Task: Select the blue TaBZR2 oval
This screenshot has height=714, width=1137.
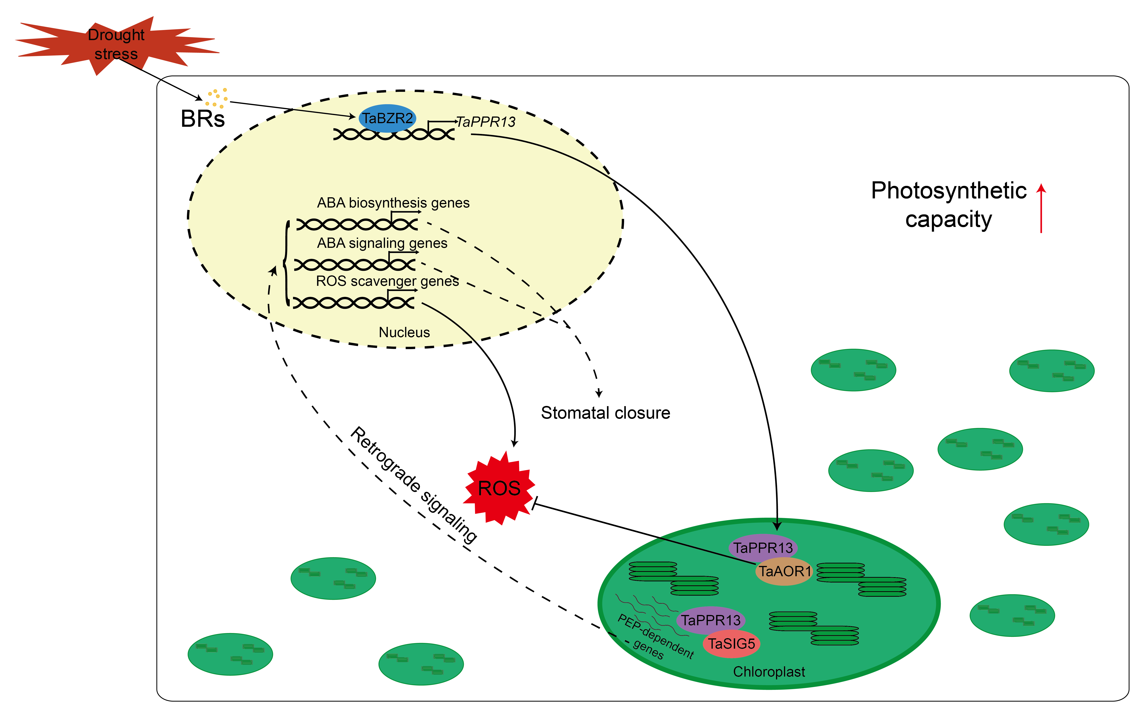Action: [387, 118]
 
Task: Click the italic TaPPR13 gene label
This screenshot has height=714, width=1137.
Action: [486, 122]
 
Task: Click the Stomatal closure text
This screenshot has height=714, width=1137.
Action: [605, 413]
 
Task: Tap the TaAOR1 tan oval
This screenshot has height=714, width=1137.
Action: [784, 571]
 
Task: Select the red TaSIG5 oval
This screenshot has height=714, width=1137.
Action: [731, 644]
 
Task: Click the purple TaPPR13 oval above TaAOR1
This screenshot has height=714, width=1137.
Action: [763, 547]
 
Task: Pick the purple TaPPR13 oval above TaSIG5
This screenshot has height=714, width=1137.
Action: [711, 620]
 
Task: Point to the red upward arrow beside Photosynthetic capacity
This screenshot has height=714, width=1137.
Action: [1041, 208]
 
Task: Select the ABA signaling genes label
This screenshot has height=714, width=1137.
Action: [382, 243]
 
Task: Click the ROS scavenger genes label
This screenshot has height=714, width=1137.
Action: [387, 281]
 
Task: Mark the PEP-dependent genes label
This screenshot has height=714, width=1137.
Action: [655, 637]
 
